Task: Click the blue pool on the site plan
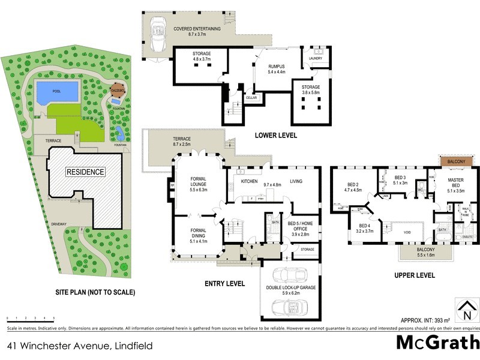click(x=58, y=92)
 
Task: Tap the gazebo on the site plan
click(x=118, y=91)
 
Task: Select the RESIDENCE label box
click(x=85, y=172)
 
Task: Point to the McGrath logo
click(x=437, y=343)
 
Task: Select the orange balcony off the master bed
click(x=458, y=161)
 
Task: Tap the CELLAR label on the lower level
click(x=251, y=97)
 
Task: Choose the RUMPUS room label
click(x=276, y=66)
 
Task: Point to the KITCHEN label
click(x=249, y=181)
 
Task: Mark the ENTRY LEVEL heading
click(x=224, y=283)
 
